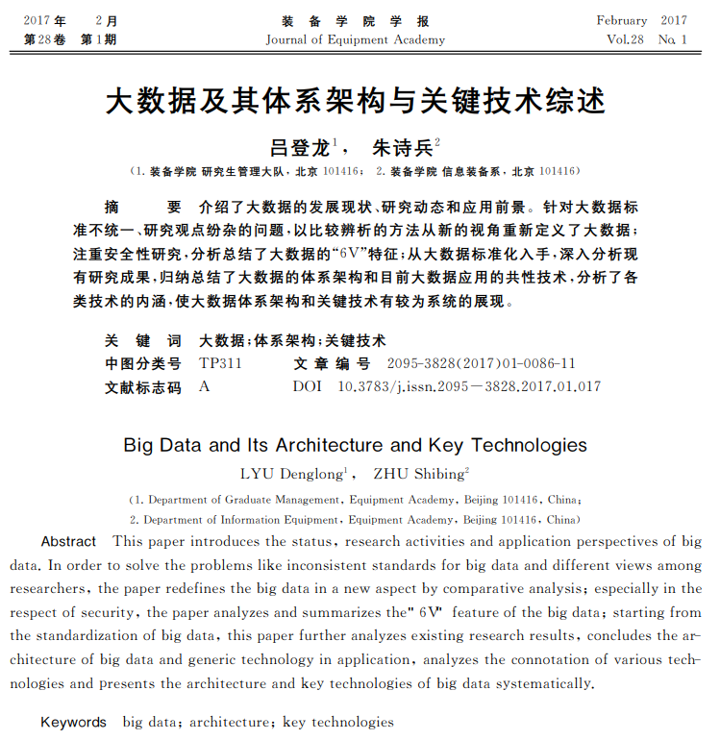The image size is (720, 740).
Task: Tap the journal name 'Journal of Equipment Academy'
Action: (356, 39)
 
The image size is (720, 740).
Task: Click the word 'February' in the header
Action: (621, 20)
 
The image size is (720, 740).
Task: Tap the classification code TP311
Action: (220, 364)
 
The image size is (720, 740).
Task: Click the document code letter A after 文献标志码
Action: (204, 386)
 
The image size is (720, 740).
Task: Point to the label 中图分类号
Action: (142, 364)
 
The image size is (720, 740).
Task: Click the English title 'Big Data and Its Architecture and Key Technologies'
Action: (356, 445)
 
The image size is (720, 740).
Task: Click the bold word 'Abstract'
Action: (68, 542)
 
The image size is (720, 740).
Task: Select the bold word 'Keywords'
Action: (73, 722)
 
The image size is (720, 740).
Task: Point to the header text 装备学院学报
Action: (356, 20)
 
